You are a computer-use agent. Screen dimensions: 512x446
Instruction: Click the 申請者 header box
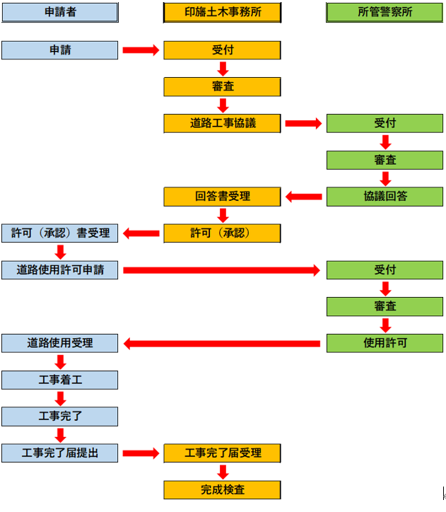coord(59,12)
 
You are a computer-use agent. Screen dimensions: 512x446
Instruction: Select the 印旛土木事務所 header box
coord(223,12)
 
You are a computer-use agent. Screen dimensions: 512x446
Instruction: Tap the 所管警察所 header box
coord(385,12)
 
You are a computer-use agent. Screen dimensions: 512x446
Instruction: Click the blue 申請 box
coord(59,50)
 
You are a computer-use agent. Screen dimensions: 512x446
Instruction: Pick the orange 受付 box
coord(223,50)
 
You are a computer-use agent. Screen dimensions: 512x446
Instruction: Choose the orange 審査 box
coord(223,86)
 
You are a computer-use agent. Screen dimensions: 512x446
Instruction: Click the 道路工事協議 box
coord(223,123)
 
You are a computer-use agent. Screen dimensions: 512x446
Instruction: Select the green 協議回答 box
coord(385,197)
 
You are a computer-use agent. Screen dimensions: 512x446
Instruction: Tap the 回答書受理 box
coord(223,196)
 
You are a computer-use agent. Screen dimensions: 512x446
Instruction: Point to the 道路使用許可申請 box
coord(59,269)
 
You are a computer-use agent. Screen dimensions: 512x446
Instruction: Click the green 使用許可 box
coord(385,343)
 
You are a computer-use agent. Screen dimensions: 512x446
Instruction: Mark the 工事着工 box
coord(59,380)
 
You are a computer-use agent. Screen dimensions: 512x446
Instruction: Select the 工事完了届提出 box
coord(59,453)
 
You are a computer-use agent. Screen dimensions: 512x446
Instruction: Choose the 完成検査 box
coord(223,489)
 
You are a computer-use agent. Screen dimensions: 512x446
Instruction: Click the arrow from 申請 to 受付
coord(141,50)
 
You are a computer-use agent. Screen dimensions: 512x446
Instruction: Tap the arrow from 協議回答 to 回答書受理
coord(304,197)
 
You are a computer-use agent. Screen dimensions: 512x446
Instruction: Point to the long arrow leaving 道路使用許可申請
coord(222,270)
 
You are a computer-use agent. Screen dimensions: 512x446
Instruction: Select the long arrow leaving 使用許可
coord(222,344)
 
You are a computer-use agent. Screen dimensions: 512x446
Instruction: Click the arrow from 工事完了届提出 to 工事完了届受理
coord(141,453)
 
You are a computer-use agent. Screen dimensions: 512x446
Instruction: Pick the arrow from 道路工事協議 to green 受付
coord(304,123)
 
